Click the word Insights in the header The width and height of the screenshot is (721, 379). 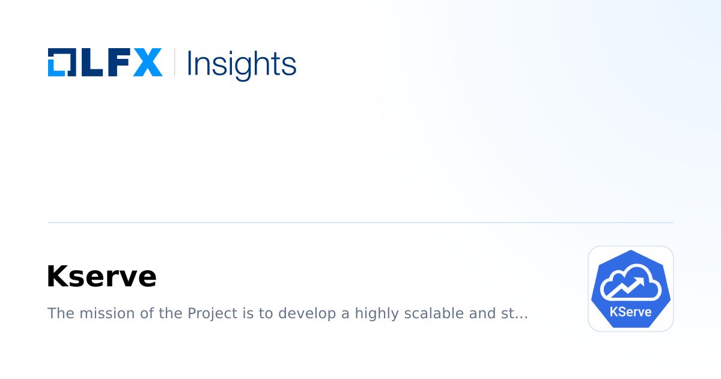[x=242, y=64]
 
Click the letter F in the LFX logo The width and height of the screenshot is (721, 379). [x=117, y=63]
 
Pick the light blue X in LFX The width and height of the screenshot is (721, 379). [x=147, y=63]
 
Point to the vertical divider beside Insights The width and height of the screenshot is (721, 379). [x=175, y=63]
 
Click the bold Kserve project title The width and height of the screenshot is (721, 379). [x=101, y=277]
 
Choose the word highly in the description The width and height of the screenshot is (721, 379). [x=376, y=313]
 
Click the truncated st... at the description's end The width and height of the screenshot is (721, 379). [x=514, y=313]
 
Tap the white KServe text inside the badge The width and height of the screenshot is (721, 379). [x=630, y=312]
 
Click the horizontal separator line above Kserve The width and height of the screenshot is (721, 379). [x=360, y=223]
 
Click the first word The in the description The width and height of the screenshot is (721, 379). [x=58, y=313]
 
